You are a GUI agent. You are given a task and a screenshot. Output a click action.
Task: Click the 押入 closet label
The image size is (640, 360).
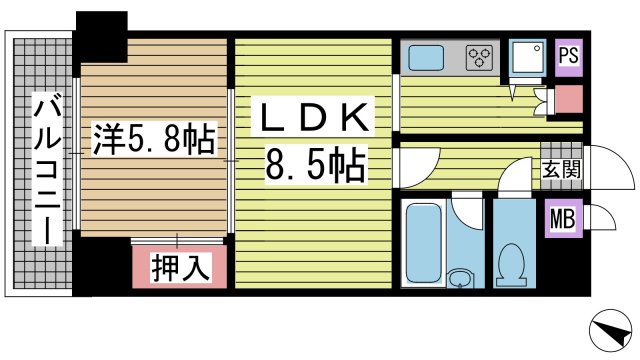coord(179,267)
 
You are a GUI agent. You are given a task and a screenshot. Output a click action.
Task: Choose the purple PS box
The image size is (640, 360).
coord(567,56)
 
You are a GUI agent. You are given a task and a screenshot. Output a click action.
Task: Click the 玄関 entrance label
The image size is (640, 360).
coord(561,169)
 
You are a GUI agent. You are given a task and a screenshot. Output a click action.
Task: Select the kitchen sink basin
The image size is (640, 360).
coord(428,57)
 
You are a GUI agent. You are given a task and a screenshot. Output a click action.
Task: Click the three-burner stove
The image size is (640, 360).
coord(479,57)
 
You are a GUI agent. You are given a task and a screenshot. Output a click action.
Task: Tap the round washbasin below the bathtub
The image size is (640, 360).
coord(459,278)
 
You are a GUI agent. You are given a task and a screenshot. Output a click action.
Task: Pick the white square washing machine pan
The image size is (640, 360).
coord(525,58)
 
